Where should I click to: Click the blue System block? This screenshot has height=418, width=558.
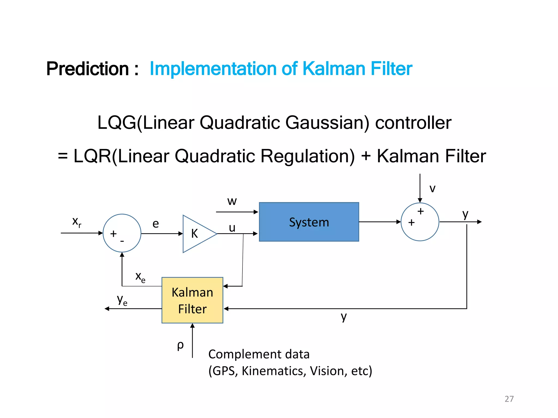(309, 222)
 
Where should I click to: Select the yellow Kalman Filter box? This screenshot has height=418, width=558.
(192, 300)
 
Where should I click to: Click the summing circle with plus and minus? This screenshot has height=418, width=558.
(122, 233)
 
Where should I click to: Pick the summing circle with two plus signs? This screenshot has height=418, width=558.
(420, 222)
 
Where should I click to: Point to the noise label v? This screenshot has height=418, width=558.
(432, 188)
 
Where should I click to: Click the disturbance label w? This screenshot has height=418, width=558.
(232, 201)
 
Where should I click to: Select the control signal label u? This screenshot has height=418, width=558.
(232, 228)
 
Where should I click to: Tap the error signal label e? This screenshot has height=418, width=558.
(156, 224)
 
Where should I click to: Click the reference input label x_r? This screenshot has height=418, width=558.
(77, 222)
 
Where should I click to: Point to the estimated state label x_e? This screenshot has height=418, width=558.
(140, 277)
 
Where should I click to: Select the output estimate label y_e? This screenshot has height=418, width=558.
(122, 300)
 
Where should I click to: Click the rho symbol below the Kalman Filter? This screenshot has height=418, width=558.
(180, 345)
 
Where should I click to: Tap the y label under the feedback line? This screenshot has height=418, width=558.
(344, 316)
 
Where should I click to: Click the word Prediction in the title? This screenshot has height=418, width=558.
(87, 69)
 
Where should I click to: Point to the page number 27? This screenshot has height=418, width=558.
(509, 399)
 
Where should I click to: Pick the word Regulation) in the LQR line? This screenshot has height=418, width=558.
(308, 156)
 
